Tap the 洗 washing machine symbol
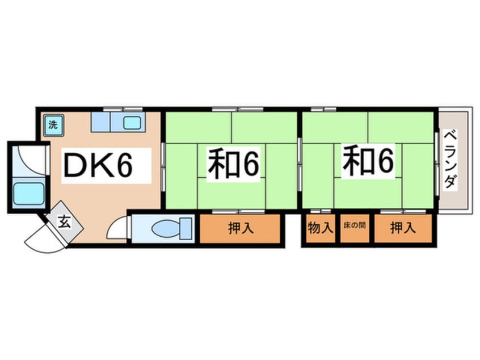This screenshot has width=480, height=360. point(52,124)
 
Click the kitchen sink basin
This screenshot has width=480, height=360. point(133,122)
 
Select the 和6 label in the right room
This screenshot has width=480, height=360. point(367,161)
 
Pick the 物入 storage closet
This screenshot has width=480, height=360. point(320,228)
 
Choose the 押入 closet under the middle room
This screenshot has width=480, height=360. point(241,228)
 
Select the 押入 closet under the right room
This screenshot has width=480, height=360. point(403,228)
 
